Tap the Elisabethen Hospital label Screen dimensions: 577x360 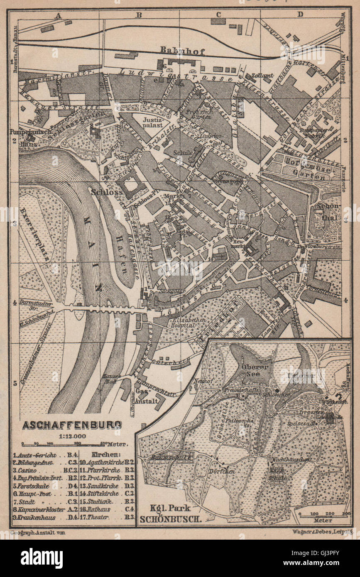tap(186, 323)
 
